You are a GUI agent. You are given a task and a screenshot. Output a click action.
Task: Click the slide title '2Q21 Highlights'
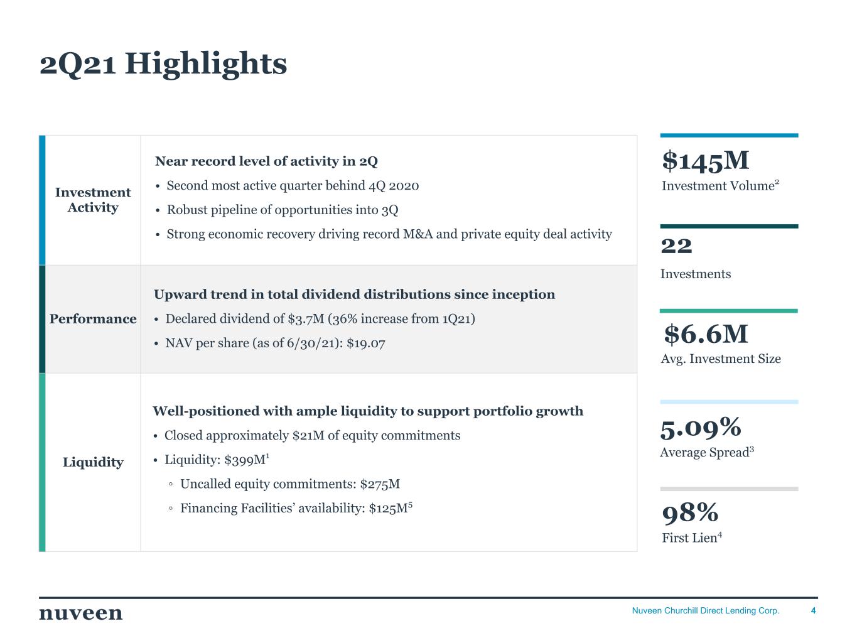click(163, 64)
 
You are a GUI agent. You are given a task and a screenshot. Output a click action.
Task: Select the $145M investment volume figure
click(705, 161)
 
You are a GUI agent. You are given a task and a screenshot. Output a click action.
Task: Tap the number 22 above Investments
click(676, 246)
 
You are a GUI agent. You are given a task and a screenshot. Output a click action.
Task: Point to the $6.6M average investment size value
click(706, 334)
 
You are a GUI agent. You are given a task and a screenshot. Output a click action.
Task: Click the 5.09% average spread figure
click(701, 428)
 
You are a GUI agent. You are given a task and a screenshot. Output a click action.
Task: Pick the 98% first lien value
click(690, 513)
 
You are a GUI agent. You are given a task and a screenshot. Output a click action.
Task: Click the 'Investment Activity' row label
click(93, 200)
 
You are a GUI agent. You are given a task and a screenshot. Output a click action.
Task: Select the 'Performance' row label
click(93, 319)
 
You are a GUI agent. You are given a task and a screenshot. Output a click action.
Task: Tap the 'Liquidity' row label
click(93, 462)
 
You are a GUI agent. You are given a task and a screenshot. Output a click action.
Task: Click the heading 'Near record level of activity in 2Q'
click(266, 161)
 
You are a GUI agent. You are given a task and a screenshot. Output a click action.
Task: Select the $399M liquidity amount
click(246, 460)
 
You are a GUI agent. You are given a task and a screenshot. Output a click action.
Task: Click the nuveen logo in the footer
click(81, 613)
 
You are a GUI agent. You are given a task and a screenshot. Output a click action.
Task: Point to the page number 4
click(814, 611)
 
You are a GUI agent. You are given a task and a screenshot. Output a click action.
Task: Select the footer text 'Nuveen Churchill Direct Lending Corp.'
click(705, 611)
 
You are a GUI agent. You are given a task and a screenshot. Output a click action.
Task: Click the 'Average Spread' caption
click(704, 453)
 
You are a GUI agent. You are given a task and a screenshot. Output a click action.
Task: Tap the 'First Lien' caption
click(689, 538)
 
